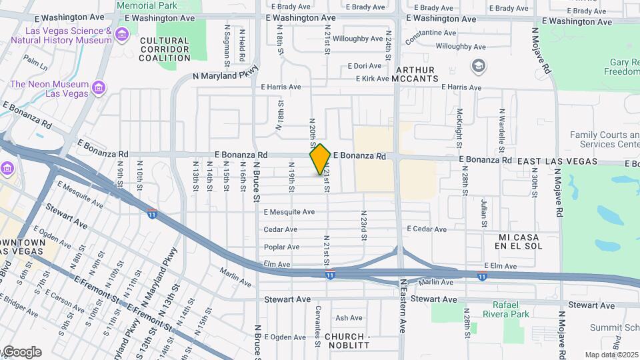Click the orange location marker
click(320, 159)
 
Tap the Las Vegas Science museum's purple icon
click(121, 35)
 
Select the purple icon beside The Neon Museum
click(99, 88)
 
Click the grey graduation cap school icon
click(478, 66)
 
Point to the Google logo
click(21, 352)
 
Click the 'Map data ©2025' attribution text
click(611, 355)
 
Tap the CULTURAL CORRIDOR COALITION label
click(165, 49)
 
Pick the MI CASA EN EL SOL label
click(520, 241)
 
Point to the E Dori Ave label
click(364, 66)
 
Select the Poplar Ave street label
click(281, 247)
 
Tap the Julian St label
click(485, 212)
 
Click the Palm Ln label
click(35, 63)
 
